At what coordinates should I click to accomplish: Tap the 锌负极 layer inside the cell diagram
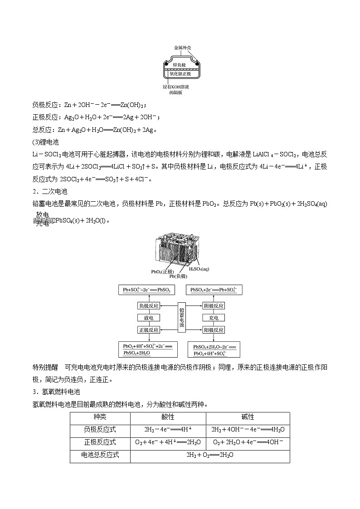[180, 66]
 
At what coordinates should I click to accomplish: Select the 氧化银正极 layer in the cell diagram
[180, 73]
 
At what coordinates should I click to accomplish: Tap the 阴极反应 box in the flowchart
[214, 306]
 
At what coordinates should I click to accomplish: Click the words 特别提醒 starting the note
[46, 367]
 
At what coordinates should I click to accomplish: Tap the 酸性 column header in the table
[168, 417]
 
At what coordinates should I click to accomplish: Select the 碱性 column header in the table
[248, 417]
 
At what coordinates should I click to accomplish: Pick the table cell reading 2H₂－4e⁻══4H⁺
[168, 430]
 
